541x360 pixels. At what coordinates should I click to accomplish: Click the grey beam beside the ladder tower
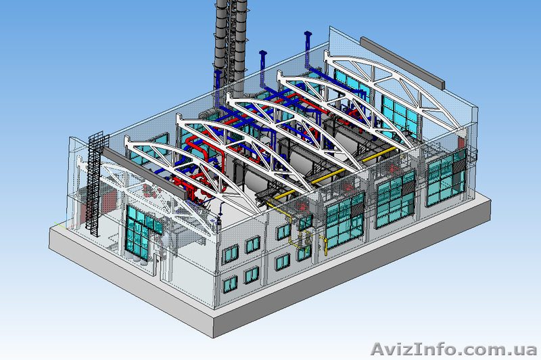click(x=145, y=173)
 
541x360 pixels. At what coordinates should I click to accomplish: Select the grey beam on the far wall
click(x=402, y=62)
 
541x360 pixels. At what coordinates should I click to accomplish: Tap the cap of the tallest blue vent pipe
click(x=308, y=33)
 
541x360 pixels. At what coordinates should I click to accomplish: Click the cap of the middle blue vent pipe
click(x=263, y=53)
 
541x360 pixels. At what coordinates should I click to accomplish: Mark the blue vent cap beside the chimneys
click(x=218, y=72)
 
